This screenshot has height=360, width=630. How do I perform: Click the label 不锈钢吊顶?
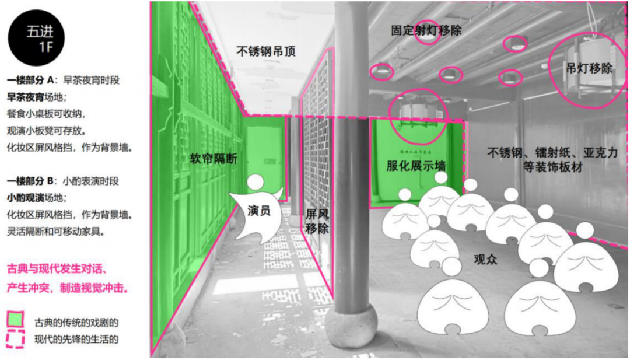[265, 51]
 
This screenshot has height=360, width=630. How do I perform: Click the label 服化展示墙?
[415, 166]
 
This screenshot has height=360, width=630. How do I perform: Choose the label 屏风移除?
[317, 221]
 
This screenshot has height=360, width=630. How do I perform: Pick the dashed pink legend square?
[15, 339]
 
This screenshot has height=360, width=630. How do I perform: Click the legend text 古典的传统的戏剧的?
[76, 322]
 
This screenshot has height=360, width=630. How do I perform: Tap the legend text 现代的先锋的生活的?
[76, 338]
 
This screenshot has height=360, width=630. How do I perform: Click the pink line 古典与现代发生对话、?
[56, 269]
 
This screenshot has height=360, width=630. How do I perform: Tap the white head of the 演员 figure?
[255, 183]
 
